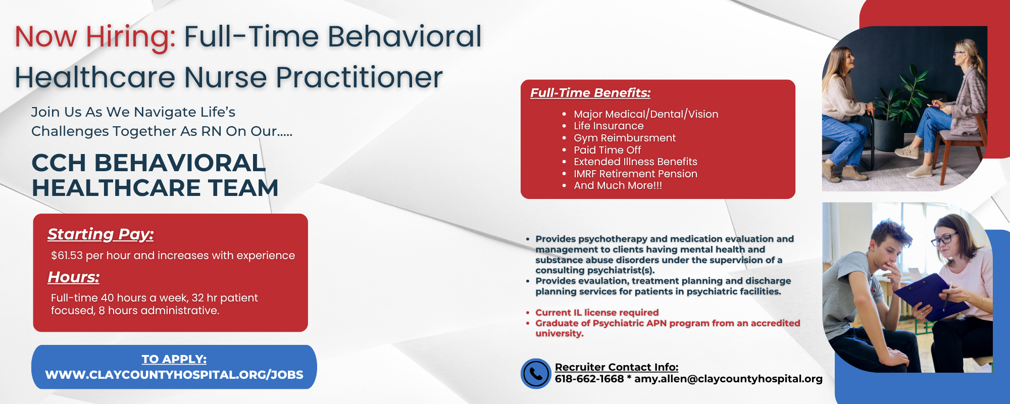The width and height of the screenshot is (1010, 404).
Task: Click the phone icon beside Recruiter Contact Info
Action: [x=536, y=374]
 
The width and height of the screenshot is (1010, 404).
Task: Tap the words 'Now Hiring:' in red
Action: [x=95, y=37]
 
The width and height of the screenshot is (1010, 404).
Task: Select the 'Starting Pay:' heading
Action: [x=100, y=234]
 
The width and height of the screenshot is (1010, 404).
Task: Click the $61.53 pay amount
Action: [x=67, y=256]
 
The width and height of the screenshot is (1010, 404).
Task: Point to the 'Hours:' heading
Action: [x=74, y=277]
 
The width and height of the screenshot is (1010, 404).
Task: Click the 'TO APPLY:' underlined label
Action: [x=174, y=359]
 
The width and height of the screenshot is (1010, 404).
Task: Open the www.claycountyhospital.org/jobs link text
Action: [x=174, y=375]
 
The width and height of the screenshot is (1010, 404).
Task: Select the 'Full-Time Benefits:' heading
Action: [x=590, y=93]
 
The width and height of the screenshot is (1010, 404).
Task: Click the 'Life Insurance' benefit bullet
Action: [x=609, y=126]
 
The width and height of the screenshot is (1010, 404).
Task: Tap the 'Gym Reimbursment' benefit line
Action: [x=625, y=138]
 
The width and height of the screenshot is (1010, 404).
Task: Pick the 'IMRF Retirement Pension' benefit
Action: [x=635, y=174]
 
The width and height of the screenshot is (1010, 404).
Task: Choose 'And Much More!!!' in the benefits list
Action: [x=618, y=185]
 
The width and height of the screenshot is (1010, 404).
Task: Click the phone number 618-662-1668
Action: [x=589, y=379]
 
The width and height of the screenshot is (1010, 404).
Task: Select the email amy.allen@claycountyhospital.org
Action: [x=728, y=379]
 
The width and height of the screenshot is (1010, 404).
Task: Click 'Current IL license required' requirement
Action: [x=597, y=313]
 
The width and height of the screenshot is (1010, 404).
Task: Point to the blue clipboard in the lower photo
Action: [x=931, y=297]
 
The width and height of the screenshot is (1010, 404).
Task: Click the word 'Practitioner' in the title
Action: [x=359, y=78]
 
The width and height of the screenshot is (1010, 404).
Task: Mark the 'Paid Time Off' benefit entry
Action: [x=607, y=150]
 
